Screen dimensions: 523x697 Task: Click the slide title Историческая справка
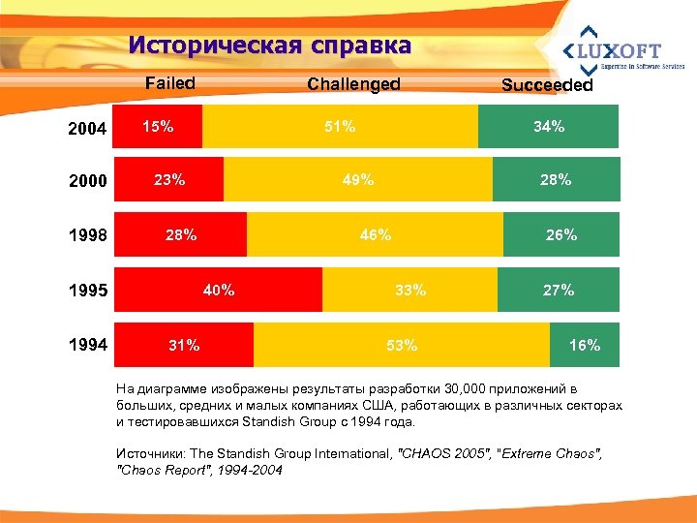pyautogui.click(x=269, y=46)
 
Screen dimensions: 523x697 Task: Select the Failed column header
pyautogui.click(x=169, y=83)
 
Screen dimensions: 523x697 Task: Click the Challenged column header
pyautogui.click(x=353, y=84)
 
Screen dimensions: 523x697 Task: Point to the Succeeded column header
pyautogui.click(x=547, y=85)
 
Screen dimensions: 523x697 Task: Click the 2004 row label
pyautogui.click(x=87, y=128)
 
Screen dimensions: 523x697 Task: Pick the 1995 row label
pyautogui.click(x=87, y=291)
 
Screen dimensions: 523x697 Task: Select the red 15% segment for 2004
pyautogui.click(x=158, y=127)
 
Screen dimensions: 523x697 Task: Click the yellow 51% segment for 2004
pyautogui.click(x=340, y=127)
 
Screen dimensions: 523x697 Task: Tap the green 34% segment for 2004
pyautogui.click(x=548, y=127)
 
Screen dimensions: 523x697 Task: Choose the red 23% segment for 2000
pyautogui.click(x=168, y=179)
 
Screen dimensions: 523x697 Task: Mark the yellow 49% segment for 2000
pyautogui.click(x=357, y=179)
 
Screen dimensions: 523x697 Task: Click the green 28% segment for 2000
pyautogui.click(x=555, y=179)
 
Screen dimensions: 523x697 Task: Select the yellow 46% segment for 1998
pyautogui.click(x=375, y=234)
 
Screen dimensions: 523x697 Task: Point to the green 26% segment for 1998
pyautogui.click(x=561, y=234)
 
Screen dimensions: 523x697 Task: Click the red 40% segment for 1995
pyautogui.click(x=218, y=290)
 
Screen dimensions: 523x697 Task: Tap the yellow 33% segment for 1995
pyautogui.click(x=409, y=290)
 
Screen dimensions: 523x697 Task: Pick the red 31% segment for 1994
pyautogui.click(x=184, y=344)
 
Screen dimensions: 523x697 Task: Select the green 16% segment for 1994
pyautogui.click(x=584, y=344)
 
